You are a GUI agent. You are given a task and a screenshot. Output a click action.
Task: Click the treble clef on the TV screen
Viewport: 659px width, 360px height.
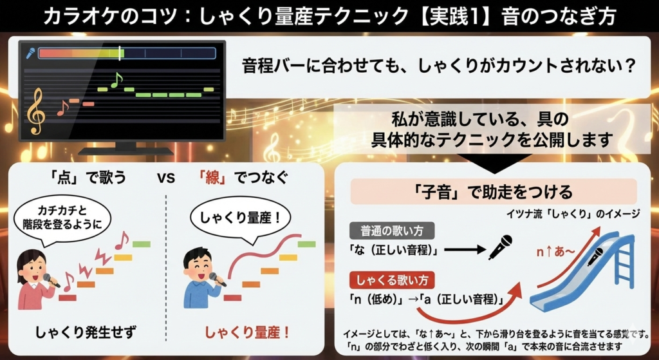point(35,111)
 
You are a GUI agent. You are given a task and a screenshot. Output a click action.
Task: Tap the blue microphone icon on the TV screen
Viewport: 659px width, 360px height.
point(30,53)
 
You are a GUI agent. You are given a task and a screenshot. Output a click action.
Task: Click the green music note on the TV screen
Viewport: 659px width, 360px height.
point(116,80)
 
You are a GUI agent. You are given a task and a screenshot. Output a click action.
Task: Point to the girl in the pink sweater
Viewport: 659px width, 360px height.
point(35,279)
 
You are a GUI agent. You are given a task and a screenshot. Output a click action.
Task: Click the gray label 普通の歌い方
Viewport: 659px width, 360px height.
point(392,231)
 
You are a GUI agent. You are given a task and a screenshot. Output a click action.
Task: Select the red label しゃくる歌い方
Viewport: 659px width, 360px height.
point(392,281)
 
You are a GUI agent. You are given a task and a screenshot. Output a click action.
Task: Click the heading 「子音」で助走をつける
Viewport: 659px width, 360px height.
point(494,192)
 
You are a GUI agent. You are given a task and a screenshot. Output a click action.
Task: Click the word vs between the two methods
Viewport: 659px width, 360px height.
point(166,178)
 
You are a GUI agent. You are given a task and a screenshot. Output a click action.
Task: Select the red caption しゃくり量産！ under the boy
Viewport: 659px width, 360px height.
point(247,333)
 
